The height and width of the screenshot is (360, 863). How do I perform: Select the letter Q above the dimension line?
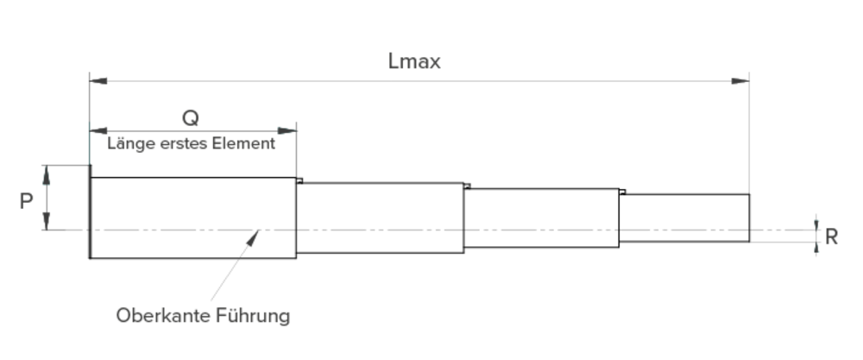click(x=191, y=118)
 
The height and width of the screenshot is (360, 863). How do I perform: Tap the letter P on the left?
click(x=27, y=201)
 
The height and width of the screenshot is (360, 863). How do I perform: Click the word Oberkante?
click(x=162, y=316)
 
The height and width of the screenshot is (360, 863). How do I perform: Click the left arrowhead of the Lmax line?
click(x=98, y=80)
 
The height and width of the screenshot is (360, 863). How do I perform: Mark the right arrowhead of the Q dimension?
click(x=291, y=130)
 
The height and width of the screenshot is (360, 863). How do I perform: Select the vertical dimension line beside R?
click(x=816, y=236)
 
